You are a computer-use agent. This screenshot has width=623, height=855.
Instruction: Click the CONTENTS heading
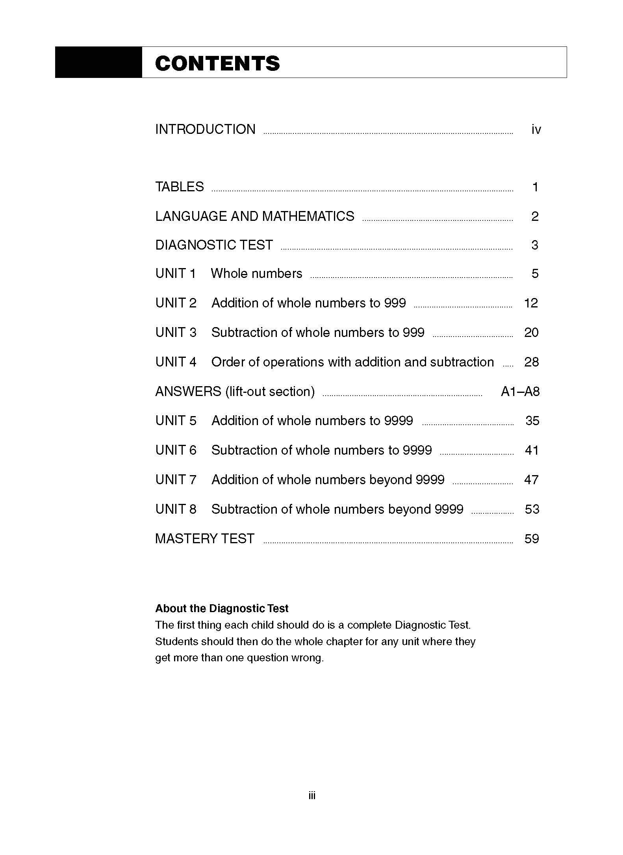point(217,63)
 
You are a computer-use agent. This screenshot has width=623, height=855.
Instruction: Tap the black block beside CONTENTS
point(98,62)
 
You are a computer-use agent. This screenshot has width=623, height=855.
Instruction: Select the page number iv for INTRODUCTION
point(536,130)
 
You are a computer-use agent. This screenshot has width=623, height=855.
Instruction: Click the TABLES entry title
point(180,187)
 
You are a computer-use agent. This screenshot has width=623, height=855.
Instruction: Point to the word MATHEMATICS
point(308,216)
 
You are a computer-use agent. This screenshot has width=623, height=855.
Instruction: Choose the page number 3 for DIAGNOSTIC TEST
point(534,245)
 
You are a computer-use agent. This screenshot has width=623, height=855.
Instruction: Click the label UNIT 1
point(176,274)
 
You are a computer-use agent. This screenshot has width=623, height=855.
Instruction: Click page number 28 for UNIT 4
point(531,362)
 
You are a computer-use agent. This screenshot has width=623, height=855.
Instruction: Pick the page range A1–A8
point(520,392)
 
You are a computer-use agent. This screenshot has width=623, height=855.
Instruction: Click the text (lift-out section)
point(270,392)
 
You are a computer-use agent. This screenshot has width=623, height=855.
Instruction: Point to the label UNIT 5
point(176,421)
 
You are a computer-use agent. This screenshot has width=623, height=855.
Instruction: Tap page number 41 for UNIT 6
point(532,450)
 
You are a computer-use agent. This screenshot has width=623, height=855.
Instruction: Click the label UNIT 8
point(176,509)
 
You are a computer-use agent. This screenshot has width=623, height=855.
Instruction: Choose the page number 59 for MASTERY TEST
point(531,539)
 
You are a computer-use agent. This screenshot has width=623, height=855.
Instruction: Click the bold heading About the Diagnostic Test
point(222,609)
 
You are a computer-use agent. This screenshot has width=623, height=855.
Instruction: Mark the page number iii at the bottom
point(312,796)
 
